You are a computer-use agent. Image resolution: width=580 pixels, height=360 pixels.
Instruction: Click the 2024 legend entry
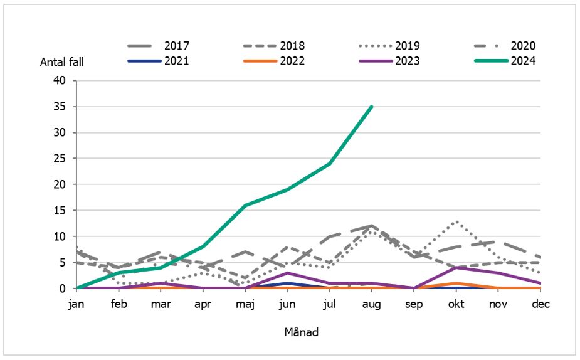click(x=505, y=61)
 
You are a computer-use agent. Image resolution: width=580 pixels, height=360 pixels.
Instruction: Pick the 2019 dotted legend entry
click(x=389, y=46)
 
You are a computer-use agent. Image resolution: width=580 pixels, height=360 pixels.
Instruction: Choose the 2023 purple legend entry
click(x=389, y=61)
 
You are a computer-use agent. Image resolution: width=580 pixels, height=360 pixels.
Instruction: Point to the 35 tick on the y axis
click(x=60, y=107)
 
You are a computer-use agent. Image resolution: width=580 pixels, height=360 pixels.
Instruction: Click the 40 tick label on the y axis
click(x=60, y=80)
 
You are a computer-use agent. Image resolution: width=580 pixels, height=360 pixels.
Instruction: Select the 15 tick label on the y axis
click(x=60, y=211)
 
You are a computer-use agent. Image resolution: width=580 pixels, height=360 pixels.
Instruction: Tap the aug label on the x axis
click(x=372, y=304)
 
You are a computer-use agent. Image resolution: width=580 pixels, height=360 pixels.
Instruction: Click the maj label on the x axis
click(x=245, y=304)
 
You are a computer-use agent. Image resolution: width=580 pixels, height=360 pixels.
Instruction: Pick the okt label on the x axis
click(x=456, y=304)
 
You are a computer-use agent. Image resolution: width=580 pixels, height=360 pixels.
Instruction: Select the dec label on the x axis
click(x=540, y=304)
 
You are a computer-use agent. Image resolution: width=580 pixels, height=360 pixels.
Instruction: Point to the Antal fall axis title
click(x=61, y=61)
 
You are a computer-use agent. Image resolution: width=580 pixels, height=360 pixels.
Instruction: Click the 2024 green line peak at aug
click(x=372, y=107)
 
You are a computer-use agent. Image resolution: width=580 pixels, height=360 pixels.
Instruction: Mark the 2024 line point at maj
click(x=245, y=205)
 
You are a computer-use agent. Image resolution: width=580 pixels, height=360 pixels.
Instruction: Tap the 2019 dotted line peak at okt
click(x=456, y=221)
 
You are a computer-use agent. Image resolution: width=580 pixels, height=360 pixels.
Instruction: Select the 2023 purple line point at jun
click(x=287, y=273)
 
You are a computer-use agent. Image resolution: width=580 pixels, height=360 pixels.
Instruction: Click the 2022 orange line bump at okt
click(x=456, y=283)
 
